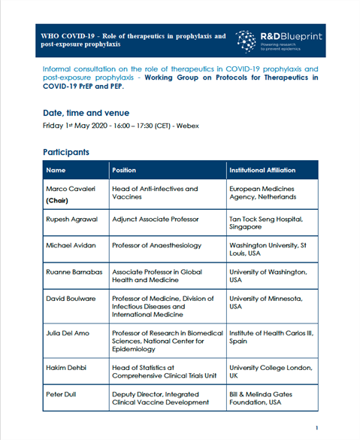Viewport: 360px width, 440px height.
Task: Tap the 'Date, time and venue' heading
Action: [x=92, y=112]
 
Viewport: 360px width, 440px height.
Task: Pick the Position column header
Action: [x=124, y=170]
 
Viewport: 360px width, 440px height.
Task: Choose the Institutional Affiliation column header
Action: [x=262, y=170]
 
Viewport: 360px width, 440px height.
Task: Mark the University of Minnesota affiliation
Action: [x=266, y=302]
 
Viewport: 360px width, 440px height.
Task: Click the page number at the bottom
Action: [x=316, y=428]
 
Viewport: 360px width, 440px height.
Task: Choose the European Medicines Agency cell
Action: [x=262, y=193]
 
